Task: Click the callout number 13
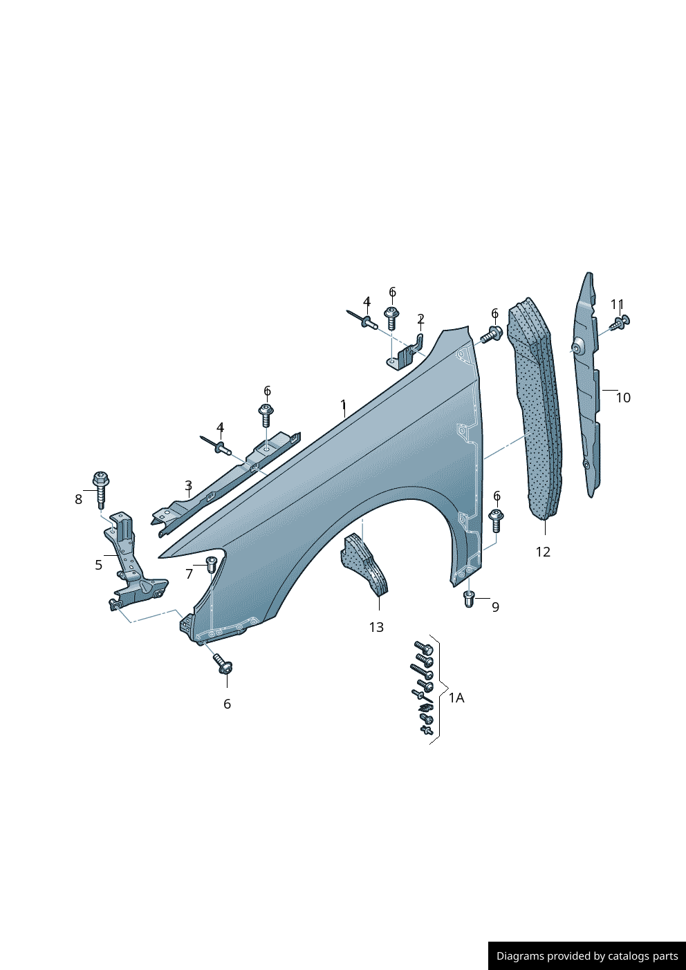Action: pos(376,627)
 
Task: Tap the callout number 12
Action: pos(543,552)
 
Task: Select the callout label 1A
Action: pos(456,698)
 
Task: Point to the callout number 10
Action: pos(623,398)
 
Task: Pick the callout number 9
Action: pos(495,607)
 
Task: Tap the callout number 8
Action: pos(78,499)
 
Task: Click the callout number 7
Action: pos(189,574)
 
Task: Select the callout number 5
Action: pos(99,565)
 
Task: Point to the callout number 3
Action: pos(188,485)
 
